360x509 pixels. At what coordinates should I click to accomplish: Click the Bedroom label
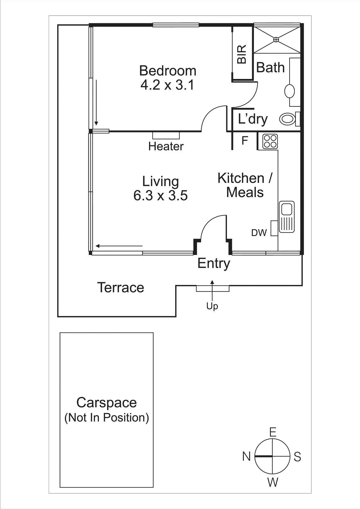168,71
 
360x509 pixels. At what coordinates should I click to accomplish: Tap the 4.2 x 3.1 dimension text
167,85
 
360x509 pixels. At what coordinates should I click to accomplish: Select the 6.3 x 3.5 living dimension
160,195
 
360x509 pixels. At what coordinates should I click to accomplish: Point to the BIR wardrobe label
242,54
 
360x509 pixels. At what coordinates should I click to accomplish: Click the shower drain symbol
276,40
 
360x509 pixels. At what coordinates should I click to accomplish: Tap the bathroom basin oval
290,91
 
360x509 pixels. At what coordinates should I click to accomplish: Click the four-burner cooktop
270,141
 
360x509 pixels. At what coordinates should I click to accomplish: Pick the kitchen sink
287,217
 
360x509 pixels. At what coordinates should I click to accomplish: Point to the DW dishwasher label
259,233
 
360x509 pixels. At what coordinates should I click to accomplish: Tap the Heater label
166,146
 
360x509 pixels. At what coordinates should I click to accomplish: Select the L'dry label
253,119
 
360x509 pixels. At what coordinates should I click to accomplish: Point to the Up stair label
212,306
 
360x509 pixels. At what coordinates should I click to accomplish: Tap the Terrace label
121,288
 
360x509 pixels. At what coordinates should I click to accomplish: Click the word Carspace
106,403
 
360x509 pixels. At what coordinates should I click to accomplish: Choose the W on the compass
273,482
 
